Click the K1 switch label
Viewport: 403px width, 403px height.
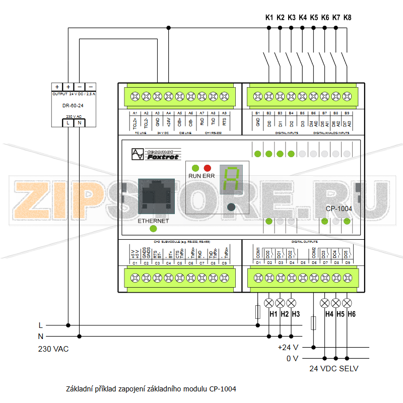[x=269, y=18]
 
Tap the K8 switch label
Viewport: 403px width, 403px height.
[x=347, y=18]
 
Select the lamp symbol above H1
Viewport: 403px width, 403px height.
[x=269, y=303]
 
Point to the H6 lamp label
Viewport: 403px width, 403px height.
[x=351, y=314]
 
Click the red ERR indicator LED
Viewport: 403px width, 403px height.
[x=207, y=168]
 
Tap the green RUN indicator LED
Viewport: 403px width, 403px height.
[x=195, y=168]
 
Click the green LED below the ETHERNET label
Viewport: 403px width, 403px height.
[x=153, y=229]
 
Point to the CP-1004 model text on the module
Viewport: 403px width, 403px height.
[x=339, y=209]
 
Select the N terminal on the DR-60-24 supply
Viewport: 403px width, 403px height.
[x=80, y=122]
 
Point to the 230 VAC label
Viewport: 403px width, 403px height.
[x=53, y=349]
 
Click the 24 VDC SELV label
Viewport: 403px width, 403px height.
[x=333, y=369]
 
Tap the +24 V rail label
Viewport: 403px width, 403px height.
[x=288, y=347]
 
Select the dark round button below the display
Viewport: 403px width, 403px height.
[x=231, y=207]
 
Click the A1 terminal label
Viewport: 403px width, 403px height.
[x=135, y=113]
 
